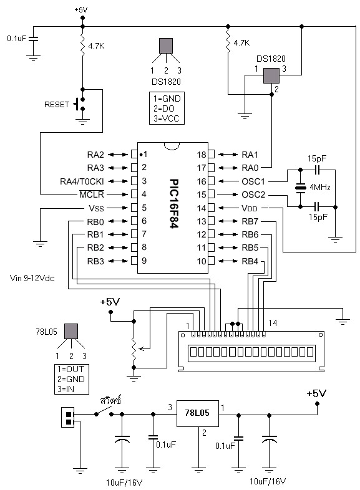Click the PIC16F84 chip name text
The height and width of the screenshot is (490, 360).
(174, 203)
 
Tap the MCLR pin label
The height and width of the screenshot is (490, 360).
(91, 195)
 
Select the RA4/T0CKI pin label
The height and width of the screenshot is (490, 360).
(82, 181)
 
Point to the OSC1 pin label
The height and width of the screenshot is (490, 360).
(253, 181)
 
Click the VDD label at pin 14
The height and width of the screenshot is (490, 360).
(250, 208)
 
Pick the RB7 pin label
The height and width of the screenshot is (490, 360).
(250, 221)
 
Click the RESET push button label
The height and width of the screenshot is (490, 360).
(57, 104)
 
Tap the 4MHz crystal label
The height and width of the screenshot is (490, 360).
(320, 187)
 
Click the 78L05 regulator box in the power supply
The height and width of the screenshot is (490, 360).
(197, 413)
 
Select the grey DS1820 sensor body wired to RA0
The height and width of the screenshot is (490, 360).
(271, 75)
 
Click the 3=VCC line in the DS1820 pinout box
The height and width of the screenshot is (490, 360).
(167, 118)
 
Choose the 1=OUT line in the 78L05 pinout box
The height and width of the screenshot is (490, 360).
(71, 369)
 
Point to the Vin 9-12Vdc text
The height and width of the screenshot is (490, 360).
(32, 278)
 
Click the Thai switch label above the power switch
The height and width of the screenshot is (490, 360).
(110, 400)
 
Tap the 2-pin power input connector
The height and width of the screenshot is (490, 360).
(67, 417)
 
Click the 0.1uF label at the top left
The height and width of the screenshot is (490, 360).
(17, 39)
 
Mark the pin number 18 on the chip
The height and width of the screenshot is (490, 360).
(202, 155)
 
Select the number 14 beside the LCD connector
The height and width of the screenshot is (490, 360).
(273, 323)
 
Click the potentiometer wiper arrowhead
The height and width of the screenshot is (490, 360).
(141, 348)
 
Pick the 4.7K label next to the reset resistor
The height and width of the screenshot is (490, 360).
(96, 46)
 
